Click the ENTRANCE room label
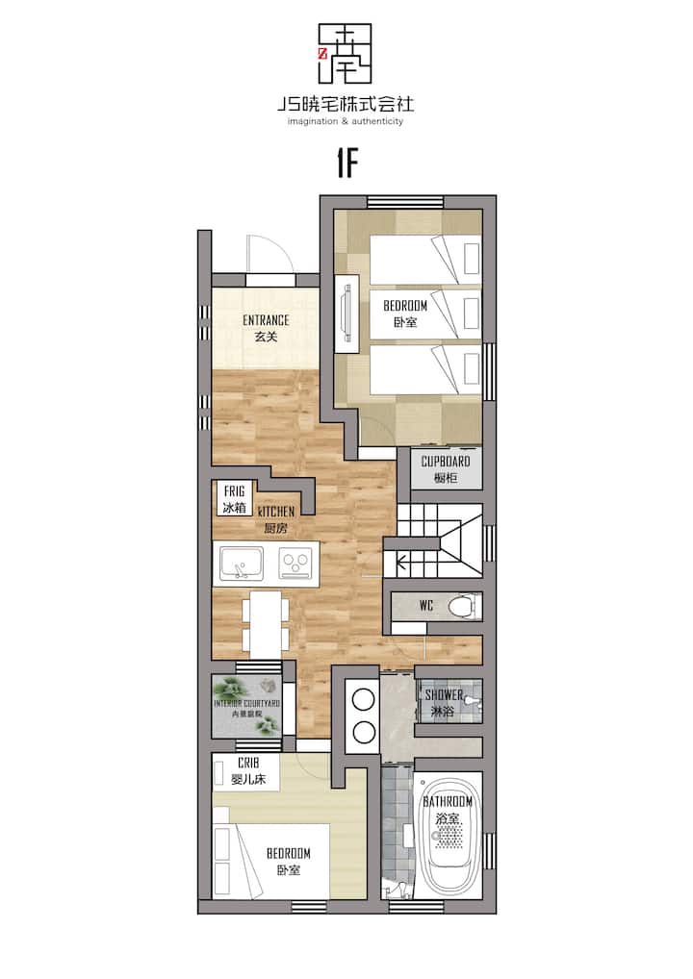point(266,320)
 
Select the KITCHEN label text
point(276,512)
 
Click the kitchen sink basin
point(242,564)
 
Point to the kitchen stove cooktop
point(295,564)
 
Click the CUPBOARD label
point(446,462)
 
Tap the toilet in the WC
point(466,606)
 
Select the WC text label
point(426,605)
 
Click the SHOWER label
point(444,695)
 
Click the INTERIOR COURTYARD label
point(246,703)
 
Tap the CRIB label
point(248,763)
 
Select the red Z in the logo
point(322,54)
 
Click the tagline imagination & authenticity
point(346,121)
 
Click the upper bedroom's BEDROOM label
point(405,306)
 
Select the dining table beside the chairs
point(266,624)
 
